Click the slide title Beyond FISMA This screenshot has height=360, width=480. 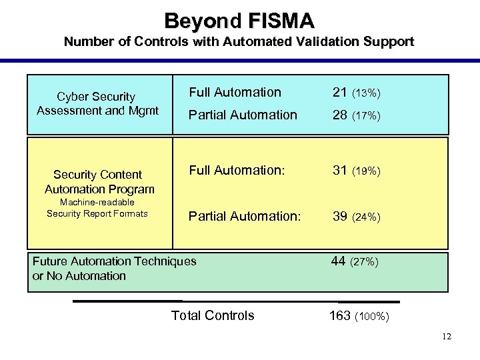pyautogui.click(x=239, y=21)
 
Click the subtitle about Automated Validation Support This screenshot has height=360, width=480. pyautogui.click(x=239, y=42)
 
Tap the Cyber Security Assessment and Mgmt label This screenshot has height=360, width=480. pyautogui.click(x=97, y=104)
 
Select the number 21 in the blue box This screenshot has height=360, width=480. pyautogui.click(x=340, y=93)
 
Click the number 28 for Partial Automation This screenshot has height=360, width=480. pyautogui.click(x=340, y=115)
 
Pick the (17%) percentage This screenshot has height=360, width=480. pyautogui.click(x=366, y=116)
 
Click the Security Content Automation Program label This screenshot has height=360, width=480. pyautogui.click(x=99, y=182)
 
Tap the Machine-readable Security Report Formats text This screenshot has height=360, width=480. pyautogui.click(x=97, y=208)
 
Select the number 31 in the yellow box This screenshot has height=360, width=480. pyautogui.click(x=340, y=171)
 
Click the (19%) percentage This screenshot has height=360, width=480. pyautogui.click(x=366, y=171)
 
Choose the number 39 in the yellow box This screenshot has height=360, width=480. pyautogui.click(x=340, y=216)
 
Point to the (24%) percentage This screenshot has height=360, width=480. pyautogui.click(x=366, y=217)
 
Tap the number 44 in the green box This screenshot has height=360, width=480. pyautogui.click(x=339, y=261)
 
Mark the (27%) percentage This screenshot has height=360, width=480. pyautogui.click(x=364, y=262)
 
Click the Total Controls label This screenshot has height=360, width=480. pyautogui.click(x=213, y=316)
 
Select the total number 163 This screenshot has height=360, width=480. pyautogui.click(x=341, y=316)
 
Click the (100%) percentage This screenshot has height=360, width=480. pyautogui.click(x=373, y=317)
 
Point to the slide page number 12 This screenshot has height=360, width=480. pyautogui.click(x=446, y=337)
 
